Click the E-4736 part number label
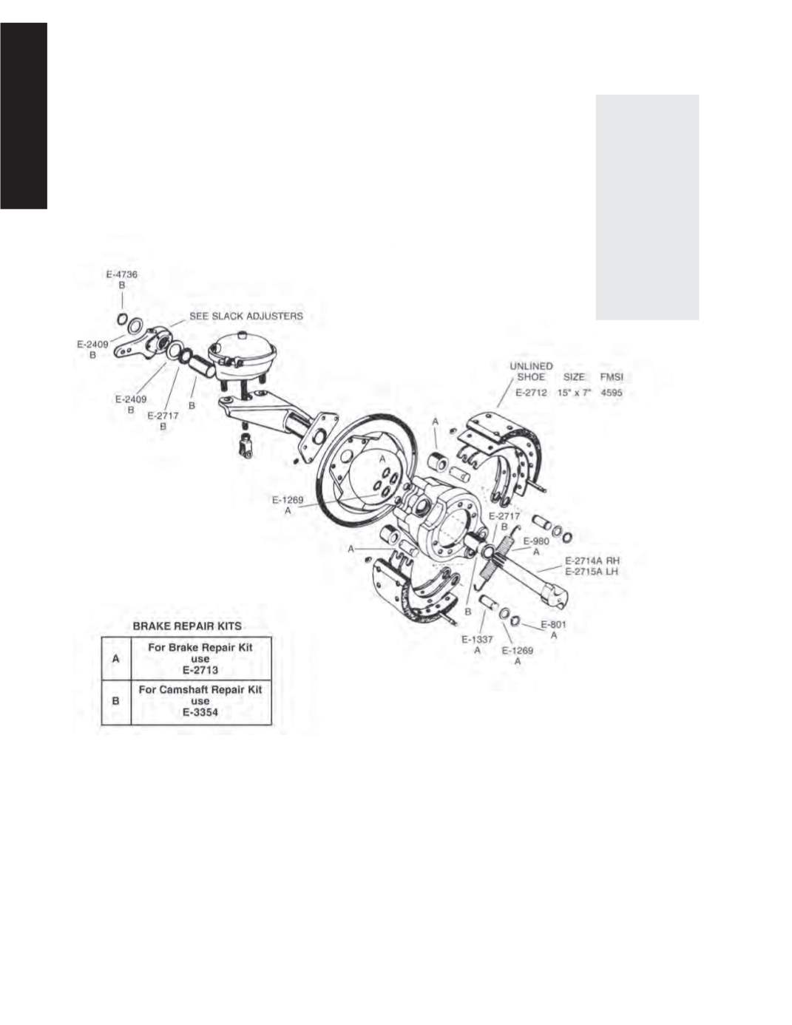pyautogui.click(x=122, y=274)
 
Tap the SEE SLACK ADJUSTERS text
pyautogui.click(x=246, y=316)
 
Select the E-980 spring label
pyautogui.click(x=536, y=541)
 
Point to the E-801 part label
pyautogui.click(x=553, y=624)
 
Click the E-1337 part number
pyautogui.click(x=477, y=639)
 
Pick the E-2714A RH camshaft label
pyautogui.click(x=592, y=561)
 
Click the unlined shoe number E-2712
pyautogui.click(x=531, y=393)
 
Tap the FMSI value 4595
pyautogui.click(x=612, y=393)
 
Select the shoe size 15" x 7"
pyautogui.click(x=574, y=393)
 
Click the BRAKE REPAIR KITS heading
pyautogui.click(x=187, y=626)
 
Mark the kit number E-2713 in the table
pyautogui.click(x=200, y=670)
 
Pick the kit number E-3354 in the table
pyautogui.click(x=200, y=712)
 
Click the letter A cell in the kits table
pyautogui.click(x=115, y=658)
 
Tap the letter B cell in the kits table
pyautogui.click(x=115, y=701)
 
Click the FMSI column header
pyautogui.click(x=612, y=377)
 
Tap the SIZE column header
pyautogui.click(x=574, y=377)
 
